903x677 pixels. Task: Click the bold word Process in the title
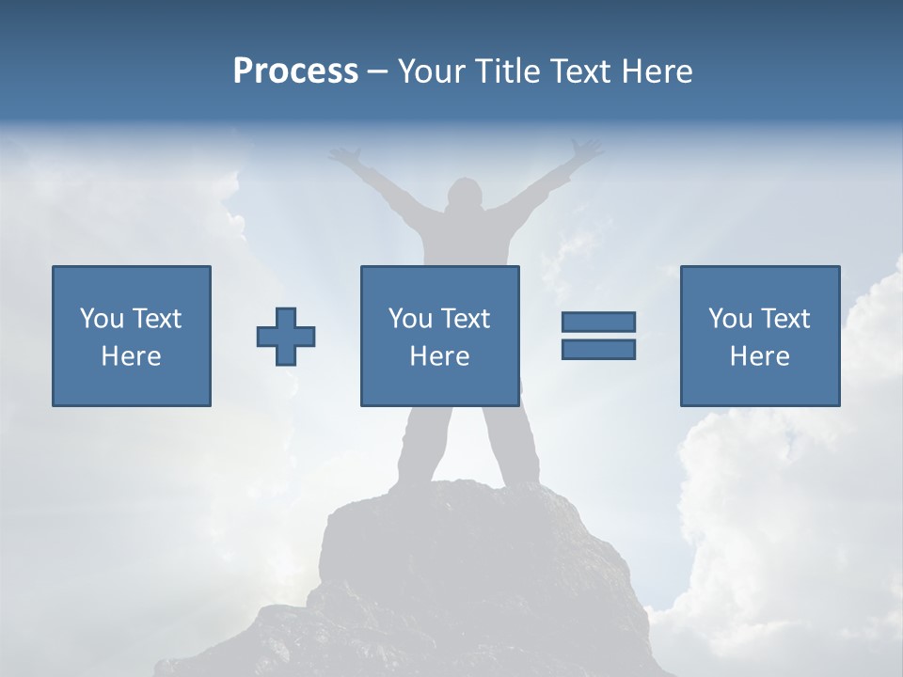[x=295, y=71]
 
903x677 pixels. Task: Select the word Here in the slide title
[x=656, y=71]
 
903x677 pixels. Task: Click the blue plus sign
[x=286, y=337]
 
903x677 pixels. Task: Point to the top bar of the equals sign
[x=598, y=322]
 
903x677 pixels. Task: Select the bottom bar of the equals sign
[x=598, y=349]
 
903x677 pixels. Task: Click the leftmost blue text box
[x=131, y=336]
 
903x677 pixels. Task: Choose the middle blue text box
[x=439, y=336]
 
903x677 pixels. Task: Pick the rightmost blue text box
[x=759, y=336]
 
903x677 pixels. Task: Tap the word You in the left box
[x=102, y=319]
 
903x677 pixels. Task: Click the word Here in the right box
[x=759, y=356]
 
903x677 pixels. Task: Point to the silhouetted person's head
[x=463, y=196]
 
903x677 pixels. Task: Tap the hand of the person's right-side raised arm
[x=587, y=149]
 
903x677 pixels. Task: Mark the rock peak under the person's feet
[x=451, y=508]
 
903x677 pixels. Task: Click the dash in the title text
[x=377, y=71]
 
